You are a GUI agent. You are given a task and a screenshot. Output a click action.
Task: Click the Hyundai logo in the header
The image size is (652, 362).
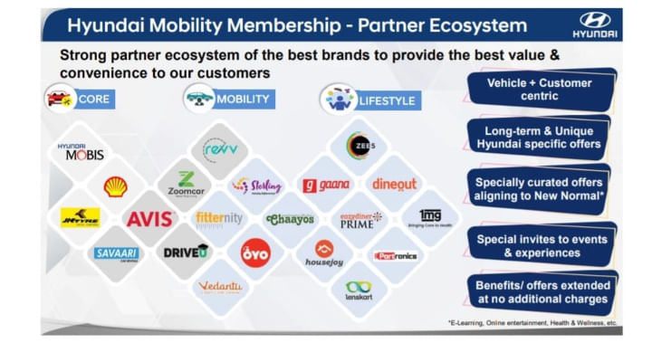[x=595, y=24]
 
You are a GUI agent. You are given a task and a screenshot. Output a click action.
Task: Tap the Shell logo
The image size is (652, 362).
[x=115, y=186]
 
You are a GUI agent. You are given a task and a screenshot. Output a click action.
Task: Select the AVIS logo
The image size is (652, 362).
[x=149, y=219]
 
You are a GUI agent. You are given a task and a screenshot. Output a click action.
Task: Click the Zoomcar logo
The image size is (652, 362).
[x=185, y=185]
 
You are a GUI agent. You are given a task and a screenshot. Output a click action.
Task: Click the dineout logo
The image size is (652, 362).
[x=394, y=185]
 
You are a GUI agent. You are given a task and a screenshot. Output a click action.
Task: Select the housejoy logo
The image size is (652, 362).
[x=323, y=254]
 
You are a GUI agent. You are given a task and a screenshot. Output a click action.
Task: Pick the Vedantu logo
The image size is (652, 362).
[x=220, y=287]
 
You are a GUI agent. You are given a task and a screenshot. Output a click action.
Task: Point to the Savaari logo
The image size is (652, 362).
[x=116, y=253]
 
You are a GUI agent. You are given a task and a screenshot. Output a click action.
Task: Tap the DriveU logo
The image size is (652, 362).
[x=186, y=252]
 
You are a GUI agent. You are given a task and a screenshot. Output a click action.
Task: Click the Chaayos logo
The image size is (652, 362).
[x=289, y=219]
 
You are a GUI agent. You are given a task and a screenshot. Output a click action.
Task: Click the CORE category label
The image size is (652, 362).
[x=93, y=99]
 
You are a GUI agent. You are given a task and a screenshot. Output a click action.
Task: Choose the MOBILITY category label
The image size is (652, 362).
[x=242, y=99]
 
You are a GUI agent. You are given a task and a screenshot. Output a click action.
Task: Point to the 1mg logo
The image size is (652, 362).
[x=429, y=218]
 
